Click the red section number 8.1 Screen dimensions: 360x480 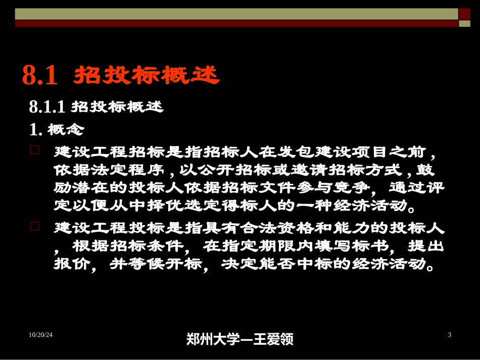point(40,75)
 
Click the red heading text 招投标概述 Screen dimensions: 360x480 point(147,76)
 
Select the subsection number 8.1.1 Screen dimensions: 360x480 point(47,107)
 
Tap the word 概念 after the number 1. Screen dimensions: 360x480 point(66,130)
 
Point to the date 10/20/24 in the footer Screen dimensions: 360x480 point(41,335)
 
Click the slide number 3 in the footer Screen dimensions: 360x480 point(449,335)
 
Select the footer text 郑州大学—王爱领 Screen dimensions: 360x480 point(239,339)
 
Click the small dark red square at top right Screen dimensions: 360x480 point(464,14)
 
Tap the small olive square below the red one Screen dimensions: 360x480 point(464,24)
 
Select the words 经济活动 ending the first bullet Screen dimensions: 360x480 point(377,207)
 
